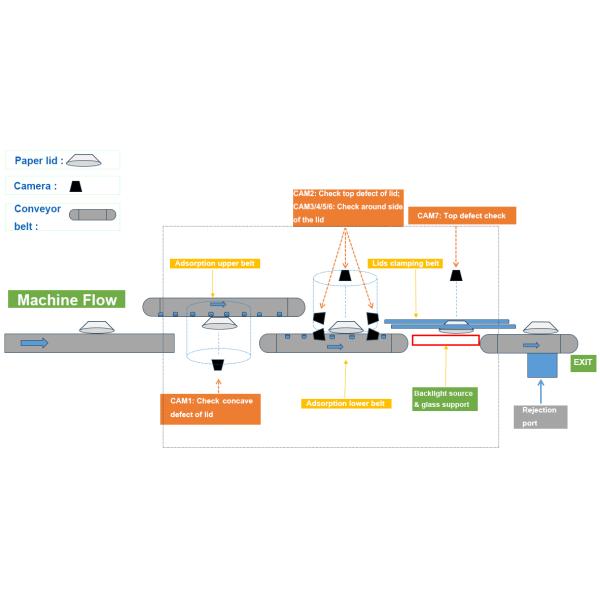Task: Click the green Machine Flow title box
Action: point(66,299)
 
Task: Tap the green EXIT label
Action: point(582,363)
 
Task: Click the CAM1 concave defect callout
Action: point(210,408)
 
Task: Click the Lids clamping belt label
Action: point(405,264)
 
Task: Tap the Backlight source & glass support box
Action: point(445,398)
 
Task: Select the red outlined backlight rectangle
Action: point(445,340)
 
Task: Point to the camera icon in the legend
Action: point(75,186)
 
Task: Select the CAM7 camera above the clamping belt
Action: point(456,274)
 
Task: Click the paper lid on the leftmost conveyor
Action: point(96,328)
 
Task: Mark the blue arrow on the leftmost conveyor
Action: point(35,343)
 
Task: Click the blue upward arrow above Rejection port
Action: point(541,391)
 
